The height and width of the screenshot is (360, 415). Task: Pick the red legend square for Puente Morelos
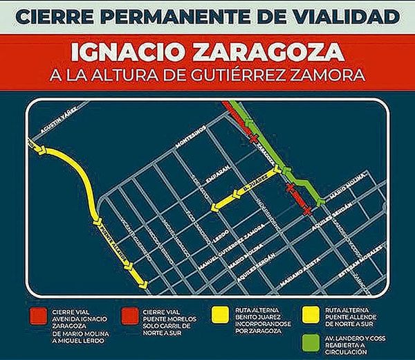[x=129, y=314]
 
